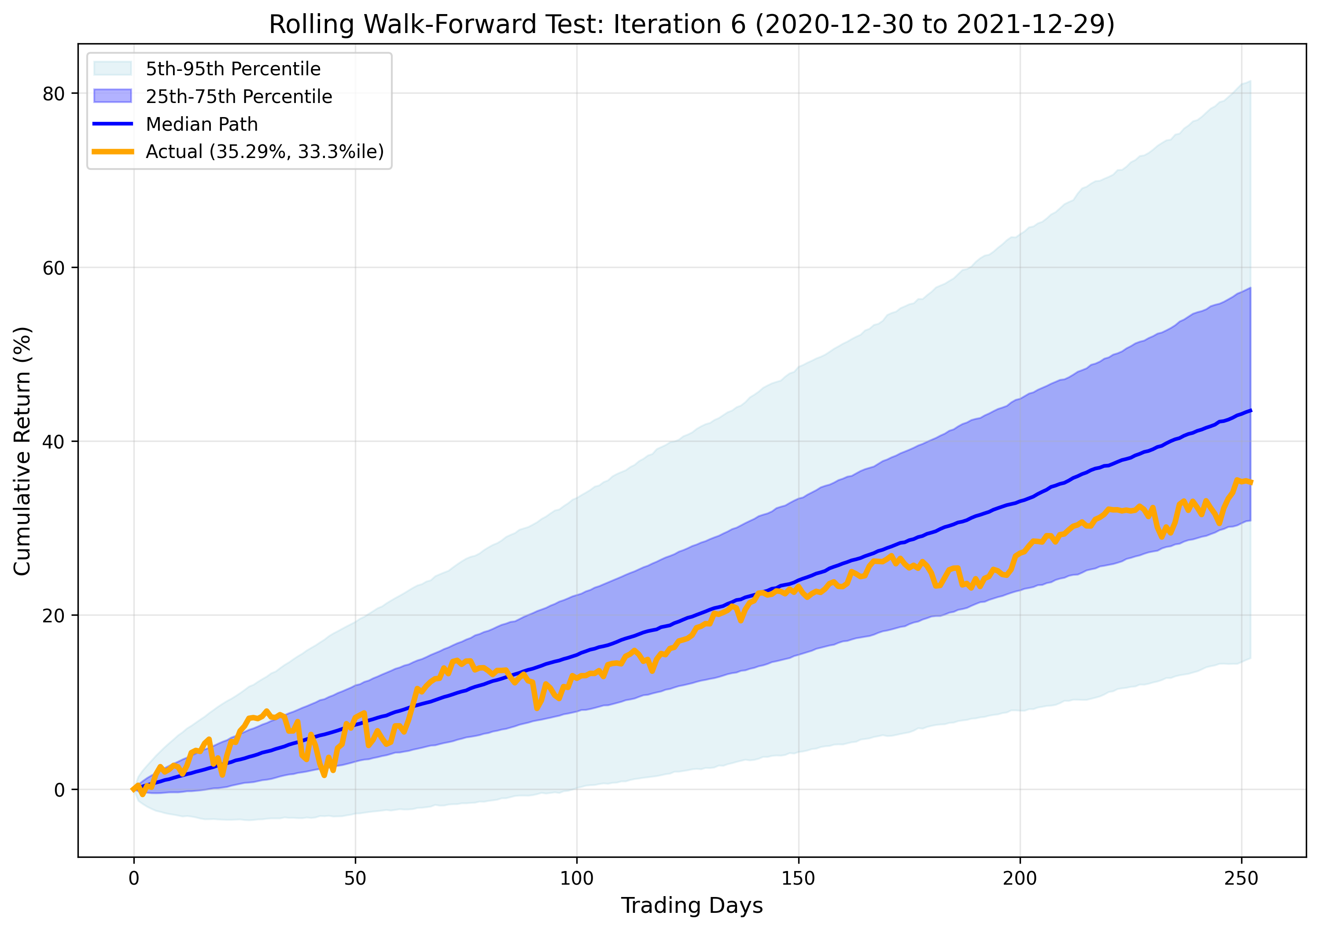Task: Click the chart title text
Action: (x=692, y=25)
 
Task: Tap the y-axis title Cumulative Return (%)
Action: (x=22, y=451)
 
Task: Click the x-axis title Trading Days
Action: (x=692, y=905)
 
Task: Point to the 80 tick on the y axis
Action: (x=53, y=94)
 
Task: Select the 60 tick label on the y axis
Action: (x=53, y=268)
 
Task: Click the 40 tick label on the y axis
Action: (x=53, y=442)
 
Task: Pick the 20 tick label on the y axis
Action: (x=53, y=616)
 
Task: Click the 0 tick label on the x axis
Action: (x=134, y=879)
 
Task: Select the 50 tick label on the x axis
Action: (x=355, y=879)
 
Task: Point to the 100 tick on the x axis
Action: (x=577, y=879)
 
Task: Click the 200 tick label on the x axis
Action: (x=1020, y=879)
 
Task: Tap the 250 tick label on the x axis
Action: (x=1242, y=879)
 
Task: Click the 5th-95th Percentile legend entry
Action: (x=232, y=69)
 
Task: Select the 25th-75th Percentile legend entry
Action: (x=239, y=96)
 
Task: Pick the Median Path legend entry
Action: (x=202, y=124)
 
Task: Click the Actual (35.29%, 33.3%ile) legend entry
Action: (x=264, y=152)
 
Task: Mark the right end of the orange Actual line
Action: (x=1251, y=482)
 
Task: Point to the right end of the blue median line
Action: (x=1251, y=410)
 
